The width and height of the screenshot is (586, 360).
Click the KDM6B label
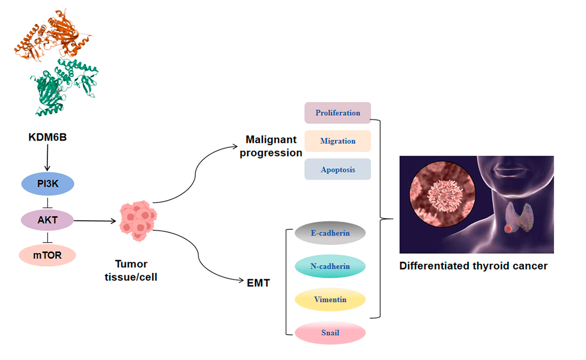(x=47, y=137)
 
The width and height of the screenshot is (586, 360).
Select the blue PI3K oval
(x=47, y=184)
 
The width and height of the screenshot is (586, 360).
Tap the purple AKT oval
(x=47, y=220)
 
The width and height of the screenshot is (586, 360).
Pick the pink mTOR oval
(x=47, y=255)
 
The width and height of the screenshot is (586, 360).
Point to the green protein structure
(x=62, y=87)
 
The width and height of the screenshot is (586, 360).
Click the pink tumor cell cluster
(x=138, y=221)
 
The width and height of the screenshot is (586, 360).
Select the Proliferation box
(x=337, y=113)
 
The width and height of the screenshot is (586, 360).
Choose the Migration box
(x=337, y=141)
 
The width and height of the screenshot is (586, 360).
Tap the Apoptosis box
(x=337, y=170)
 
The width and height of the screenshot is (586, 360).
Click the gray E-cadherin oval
(x=330, y=233)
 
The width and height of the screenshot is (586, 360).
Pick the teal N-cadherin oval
(x=330, y=266)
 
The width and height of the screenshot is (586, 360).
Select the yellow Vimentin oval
(x=330, y=300)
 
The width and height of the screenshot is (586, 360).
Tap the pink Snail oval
(x=330, y=333)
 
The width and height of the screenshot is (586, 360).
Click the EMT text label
(x=258, y=283)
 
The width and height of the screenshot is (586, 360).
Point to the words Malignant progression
(x=271, y=146)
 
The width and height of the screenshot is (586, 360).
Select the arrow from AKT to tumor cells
(x=95, y=221)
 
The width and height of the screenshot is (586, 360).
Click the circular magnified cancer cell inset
(x=442, y=194)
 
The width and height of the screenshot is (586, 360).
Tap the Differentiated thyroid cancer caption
(x=473, y=266)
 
